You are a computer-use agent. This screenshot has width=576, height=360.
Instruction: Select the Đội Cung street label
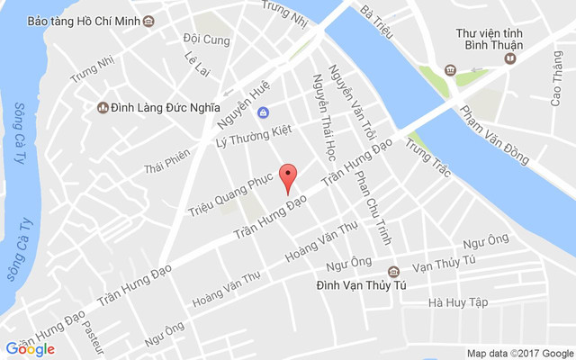[206, 40]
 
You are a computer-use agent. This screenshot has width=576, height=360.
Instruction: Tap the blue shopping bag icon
[263, 112]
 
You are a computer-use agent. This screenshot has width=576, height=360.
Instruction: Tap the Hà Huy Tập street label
[458, 303]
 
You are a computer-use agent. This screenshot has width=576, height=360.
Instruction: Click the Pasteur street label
[94, 335]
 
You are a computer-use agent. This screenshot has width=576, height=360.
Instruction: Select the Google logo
[30, 349]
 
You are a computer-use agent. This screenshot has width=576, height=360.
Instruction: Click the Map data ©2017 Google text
[519, 352]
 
